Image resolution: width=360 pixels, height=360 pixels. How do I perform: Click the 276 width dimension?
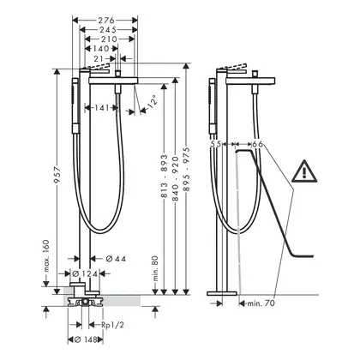pos(106,21)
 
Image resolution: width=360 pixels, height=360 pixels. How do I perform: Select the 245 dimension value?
pos(108,30)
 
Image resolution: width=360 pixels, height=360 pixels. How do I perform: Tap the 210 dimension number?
pos(109,39)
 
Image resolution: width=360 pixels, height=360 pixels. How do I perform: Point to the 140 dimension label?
pos(101,49)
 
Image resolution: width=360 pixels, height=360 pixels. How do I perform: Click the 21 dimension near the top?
pos(99,59)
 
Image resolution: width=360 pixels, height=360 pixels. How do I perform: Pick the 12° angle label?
pos(152,101)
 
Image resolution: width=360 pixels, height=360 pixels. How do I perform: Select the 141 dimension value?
pos(102,108)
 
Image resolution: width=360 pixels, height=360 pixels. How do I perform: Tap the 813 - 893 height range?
pos(164,177)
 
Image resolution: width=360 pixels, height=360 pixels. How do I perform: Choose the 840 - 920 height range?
pos(176,178)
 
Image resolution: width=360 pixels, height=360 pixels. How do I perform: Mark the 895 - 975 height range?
pos(187,169)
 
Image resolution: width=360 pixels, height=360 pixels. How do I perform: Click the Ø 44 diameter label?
pos(116,259)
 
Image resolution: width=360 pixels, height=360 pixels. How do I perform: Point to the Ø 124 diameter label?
pos(85,273)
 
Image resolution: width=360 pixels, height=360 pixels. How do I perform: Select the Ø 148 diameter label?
pos(85,339)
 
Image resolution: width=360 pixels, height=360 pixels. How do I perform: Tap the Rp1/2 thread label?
pos(113,325)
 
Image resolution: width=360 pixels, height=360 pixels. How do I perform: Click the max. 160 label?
pos(46,256)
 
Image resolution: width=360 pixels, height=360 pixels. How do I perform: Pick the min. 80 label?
pos(155,268)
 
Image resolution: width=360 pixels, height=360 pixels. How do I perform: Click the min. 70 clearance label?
pos(261,303)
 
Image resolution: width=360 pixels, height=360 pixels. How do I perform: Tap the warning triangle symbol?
pos(304,171)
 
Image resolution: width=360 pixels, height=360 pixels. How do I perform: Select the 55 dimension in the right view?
pos(216,144)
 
